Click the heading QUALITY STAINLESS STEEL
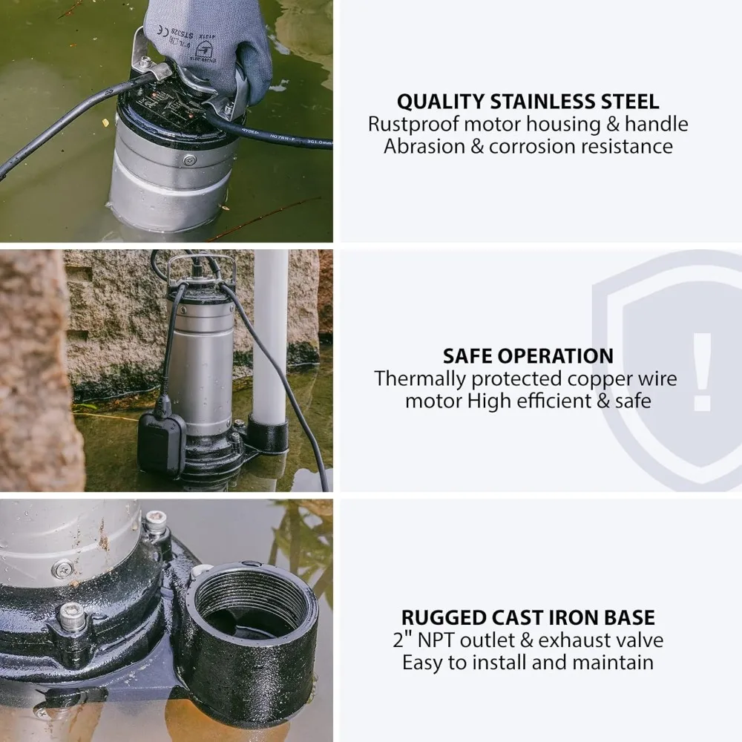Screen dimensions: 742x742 [528, 102]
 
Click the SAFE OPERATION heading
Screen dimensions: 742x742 [528, 355]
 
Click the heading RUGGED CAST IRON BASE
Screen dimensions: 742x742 [528, 617]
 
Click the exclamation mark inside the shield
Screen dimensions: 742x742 [701, 371]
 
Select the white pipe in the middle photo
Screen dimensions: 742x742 [269, 334]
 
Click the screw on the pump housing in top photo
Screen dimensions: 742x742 [190, 160]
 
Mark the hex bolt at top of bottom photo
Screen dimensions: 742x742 [155, 522]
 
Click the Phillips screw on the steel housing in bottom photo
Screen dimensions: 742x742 [62, 569]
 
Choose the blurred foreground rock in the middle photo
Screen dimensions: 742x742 [33, 371]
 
